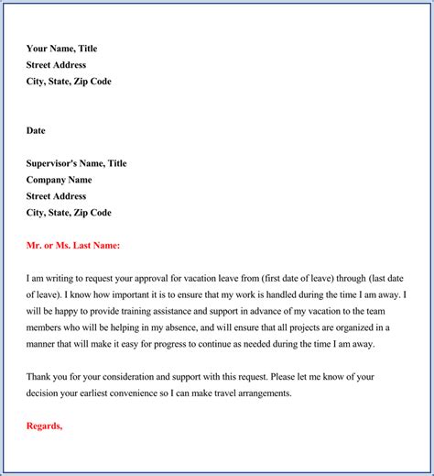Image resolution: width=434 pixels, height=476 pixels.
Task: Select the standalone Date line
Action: [36, 131]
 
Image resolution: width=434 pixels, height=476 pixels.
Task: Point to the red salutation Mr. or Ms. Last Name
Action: [73, 246]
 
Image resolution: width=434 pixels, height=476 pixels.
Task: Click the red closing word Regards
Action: [44, 426]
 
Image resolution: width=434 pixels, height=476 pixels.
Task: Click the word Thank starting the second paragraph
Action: [39, 377]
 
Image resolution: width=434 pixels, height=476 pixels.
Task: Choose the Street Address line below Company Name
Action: [56, 196]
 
